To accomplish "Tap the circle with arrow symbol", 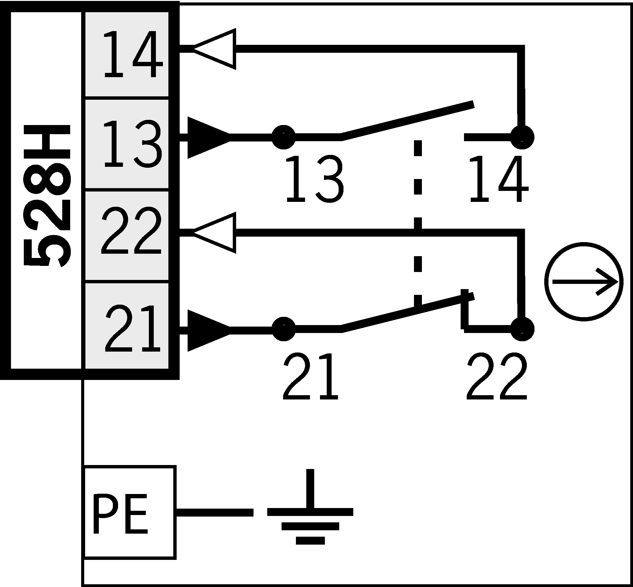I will [x=583, y=282].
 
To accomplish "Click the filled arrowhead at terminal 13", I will [x=207, y=138].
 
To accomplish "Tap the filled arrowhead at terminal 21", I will [x=207, y=331].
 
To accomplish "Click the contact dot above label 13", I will [x=283, y=137].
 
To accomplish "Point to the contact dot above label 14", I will [x=522, y=137].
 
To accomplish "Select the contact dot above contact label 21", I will [x=283, y=329].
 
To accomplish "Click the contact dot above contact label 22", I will [x=522, y=329].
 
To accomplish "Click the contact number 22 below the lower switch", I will [x=497, y=377].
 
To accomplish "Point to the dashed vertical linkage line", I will [x=418, y=222].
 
